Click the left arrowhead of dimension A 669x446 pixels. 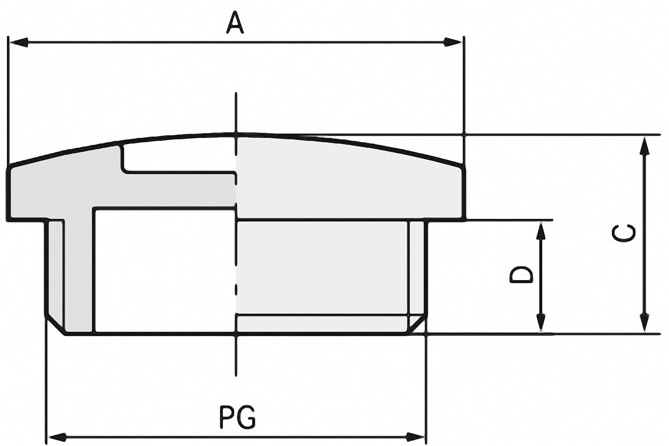(x=18, y=42)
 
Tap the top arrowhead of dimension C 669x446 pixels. (x=644, y=146)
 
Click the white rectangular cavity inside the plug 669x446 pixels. (x=165, y=270)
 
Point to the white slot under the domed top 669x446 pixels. (x=178, y=157)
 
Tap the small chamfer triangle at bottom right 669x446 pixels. (x=416, y=325)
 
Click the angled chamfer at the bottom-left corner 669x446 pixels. (x=55, y=326)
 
